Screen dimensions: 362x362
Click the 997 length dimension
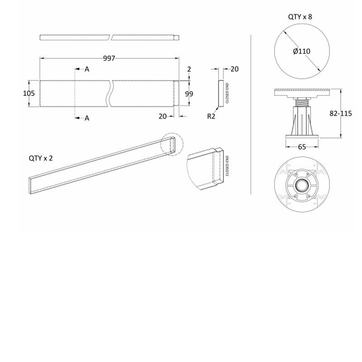coord(109,58)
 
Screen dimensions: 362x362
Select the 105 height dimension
coord(29,94)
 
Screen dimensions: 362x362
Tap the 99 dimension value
coord(190,94)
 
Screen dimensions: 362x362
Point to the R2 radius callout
coord(211,116)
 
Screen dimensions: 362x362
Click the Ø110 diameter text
coord(301,52)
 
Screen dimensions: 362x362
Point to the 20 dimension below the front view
coord(162,116)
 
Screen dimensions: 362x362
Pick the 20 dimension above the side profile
coord(234,69)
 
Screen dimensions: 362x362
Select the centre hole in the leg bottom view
coord(301,186)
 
